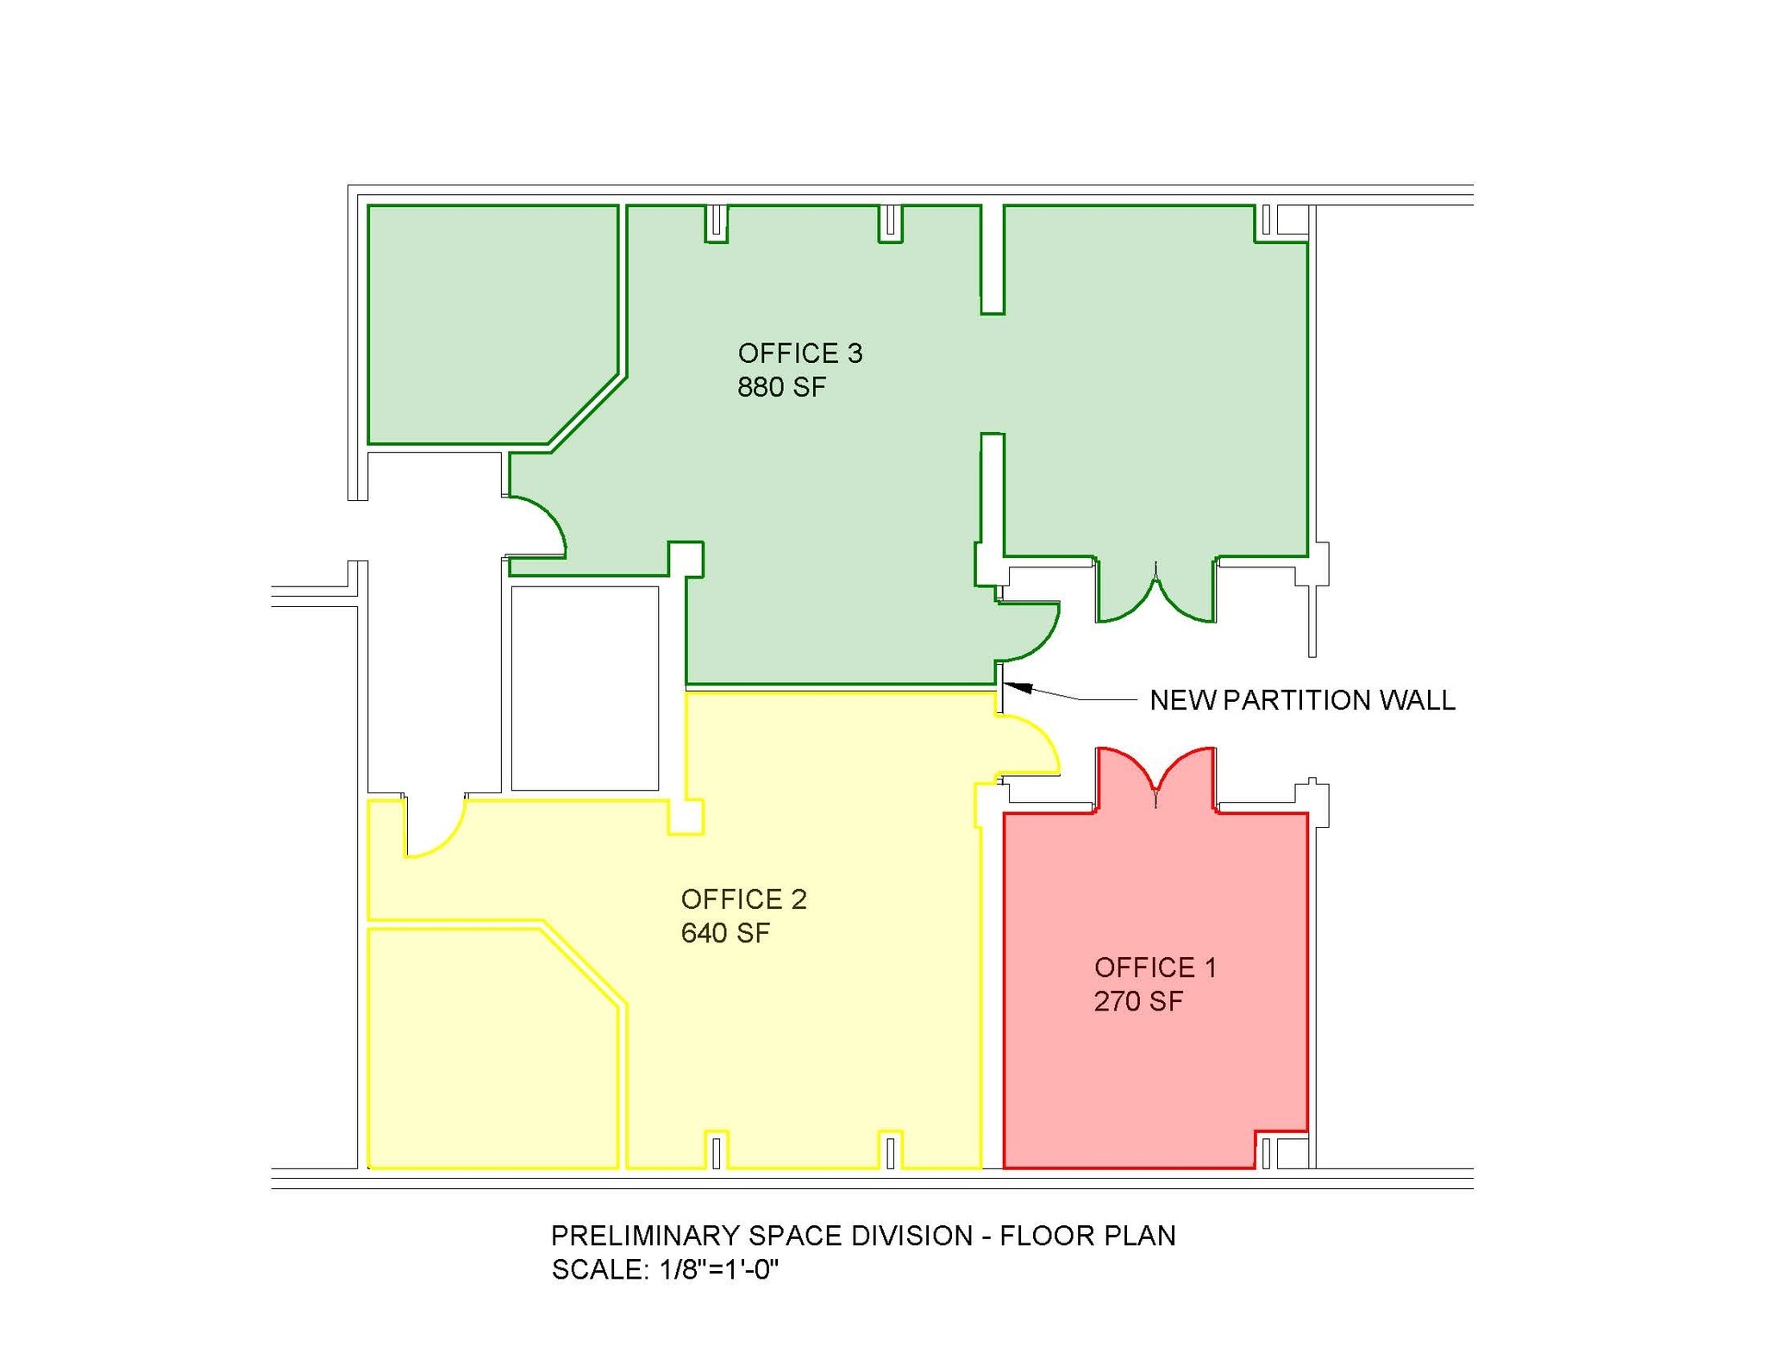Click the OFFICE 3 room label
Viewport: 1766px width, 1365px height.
pyautogui.click(x=799, y=354)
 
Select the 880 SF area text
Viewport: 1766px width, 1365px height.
pyautogui.click(x=781, y=387)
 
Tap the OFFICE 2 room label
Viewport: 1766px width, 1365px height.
pyautogui.click(x=743, y=899)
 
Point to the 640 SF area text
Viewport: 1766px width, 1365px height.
pyautogui.click(x=725, y=933)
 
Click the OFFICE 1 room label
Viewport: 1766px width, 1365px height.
pyautogui.click(x=1155, y=967)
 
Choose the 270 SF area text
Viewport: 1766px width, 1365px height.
pyautogui.click(x=1138, y=1001)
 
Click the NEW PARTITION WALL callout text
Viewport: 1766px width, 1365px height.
pyautogui.click(x=1302, y=700)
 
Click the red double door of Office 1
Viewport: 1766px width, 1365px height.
pyautogui.click(x=1155, y=776)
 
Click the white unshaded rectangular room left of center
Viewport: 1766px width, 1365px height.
pyautogui.click(x=585, y=688)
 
